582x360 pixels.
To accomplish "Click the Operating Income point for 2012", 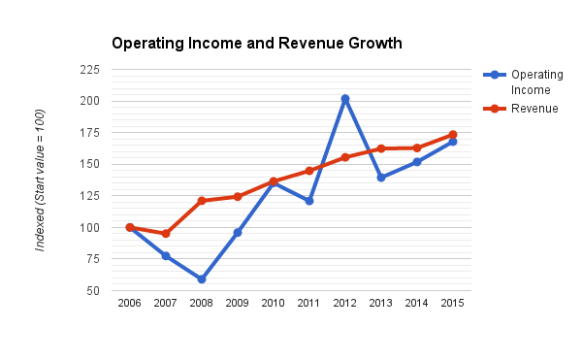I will pyautogui.click(x=345, y=99).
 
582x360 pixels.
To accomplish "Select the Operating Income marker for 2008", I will pyautogui.click(x=202, y=279).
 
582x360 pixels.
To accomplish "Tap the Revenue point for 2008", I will pyautogui.click(x=202, y=201).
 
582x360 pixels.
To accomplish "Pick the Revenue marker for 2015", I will pyautogui.click(x=453, y=135).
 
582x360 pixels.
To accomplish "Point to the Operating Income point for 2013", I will pyautogui.click(x=381, y=178).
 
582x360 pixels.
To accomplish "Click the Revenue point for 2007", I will pyautogui.click(x=166, y=234).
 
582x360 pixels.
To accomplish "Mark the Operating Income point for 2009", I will pyautogui.click(x=238, y=233).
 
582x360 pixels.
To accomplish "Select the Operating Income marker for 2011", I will pyautogui.click(x=309, y=201).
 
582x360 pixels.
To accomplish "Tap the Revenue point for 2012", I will pyautogui.click(x=345, y=157).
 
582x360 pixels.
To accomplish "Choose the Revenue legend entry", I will pyautogui.click(x=534, y=108).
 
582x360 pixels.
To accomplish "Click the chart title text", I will pyautogui.click(x=256, y=44).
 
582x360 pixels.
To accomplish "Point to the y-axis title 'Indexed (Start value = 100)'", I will pyautogui.click(x=41, y=180).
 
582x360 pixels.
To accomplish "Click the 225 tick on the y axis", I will pyautogui.click(x=90, y=70).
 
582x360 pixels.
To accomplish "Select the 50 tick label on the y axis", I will pyautogui.click(x=93, y=291).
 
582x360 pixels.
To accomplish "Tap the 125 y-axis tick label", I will pyautogui.click(x=90, y=196).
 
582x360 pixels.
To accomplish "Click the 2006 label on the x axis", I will pyautogui.click(x=130, y=304).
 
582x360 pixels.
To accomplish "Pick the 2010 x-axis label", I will pyautogui.click(x=274, y=304).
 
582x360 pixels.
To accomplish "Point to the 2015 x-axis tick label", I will pyautogui.click(x=453, y=304).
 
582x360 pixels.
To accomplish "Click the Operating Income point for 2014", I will pyautogui.click(x=417, y=162).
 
